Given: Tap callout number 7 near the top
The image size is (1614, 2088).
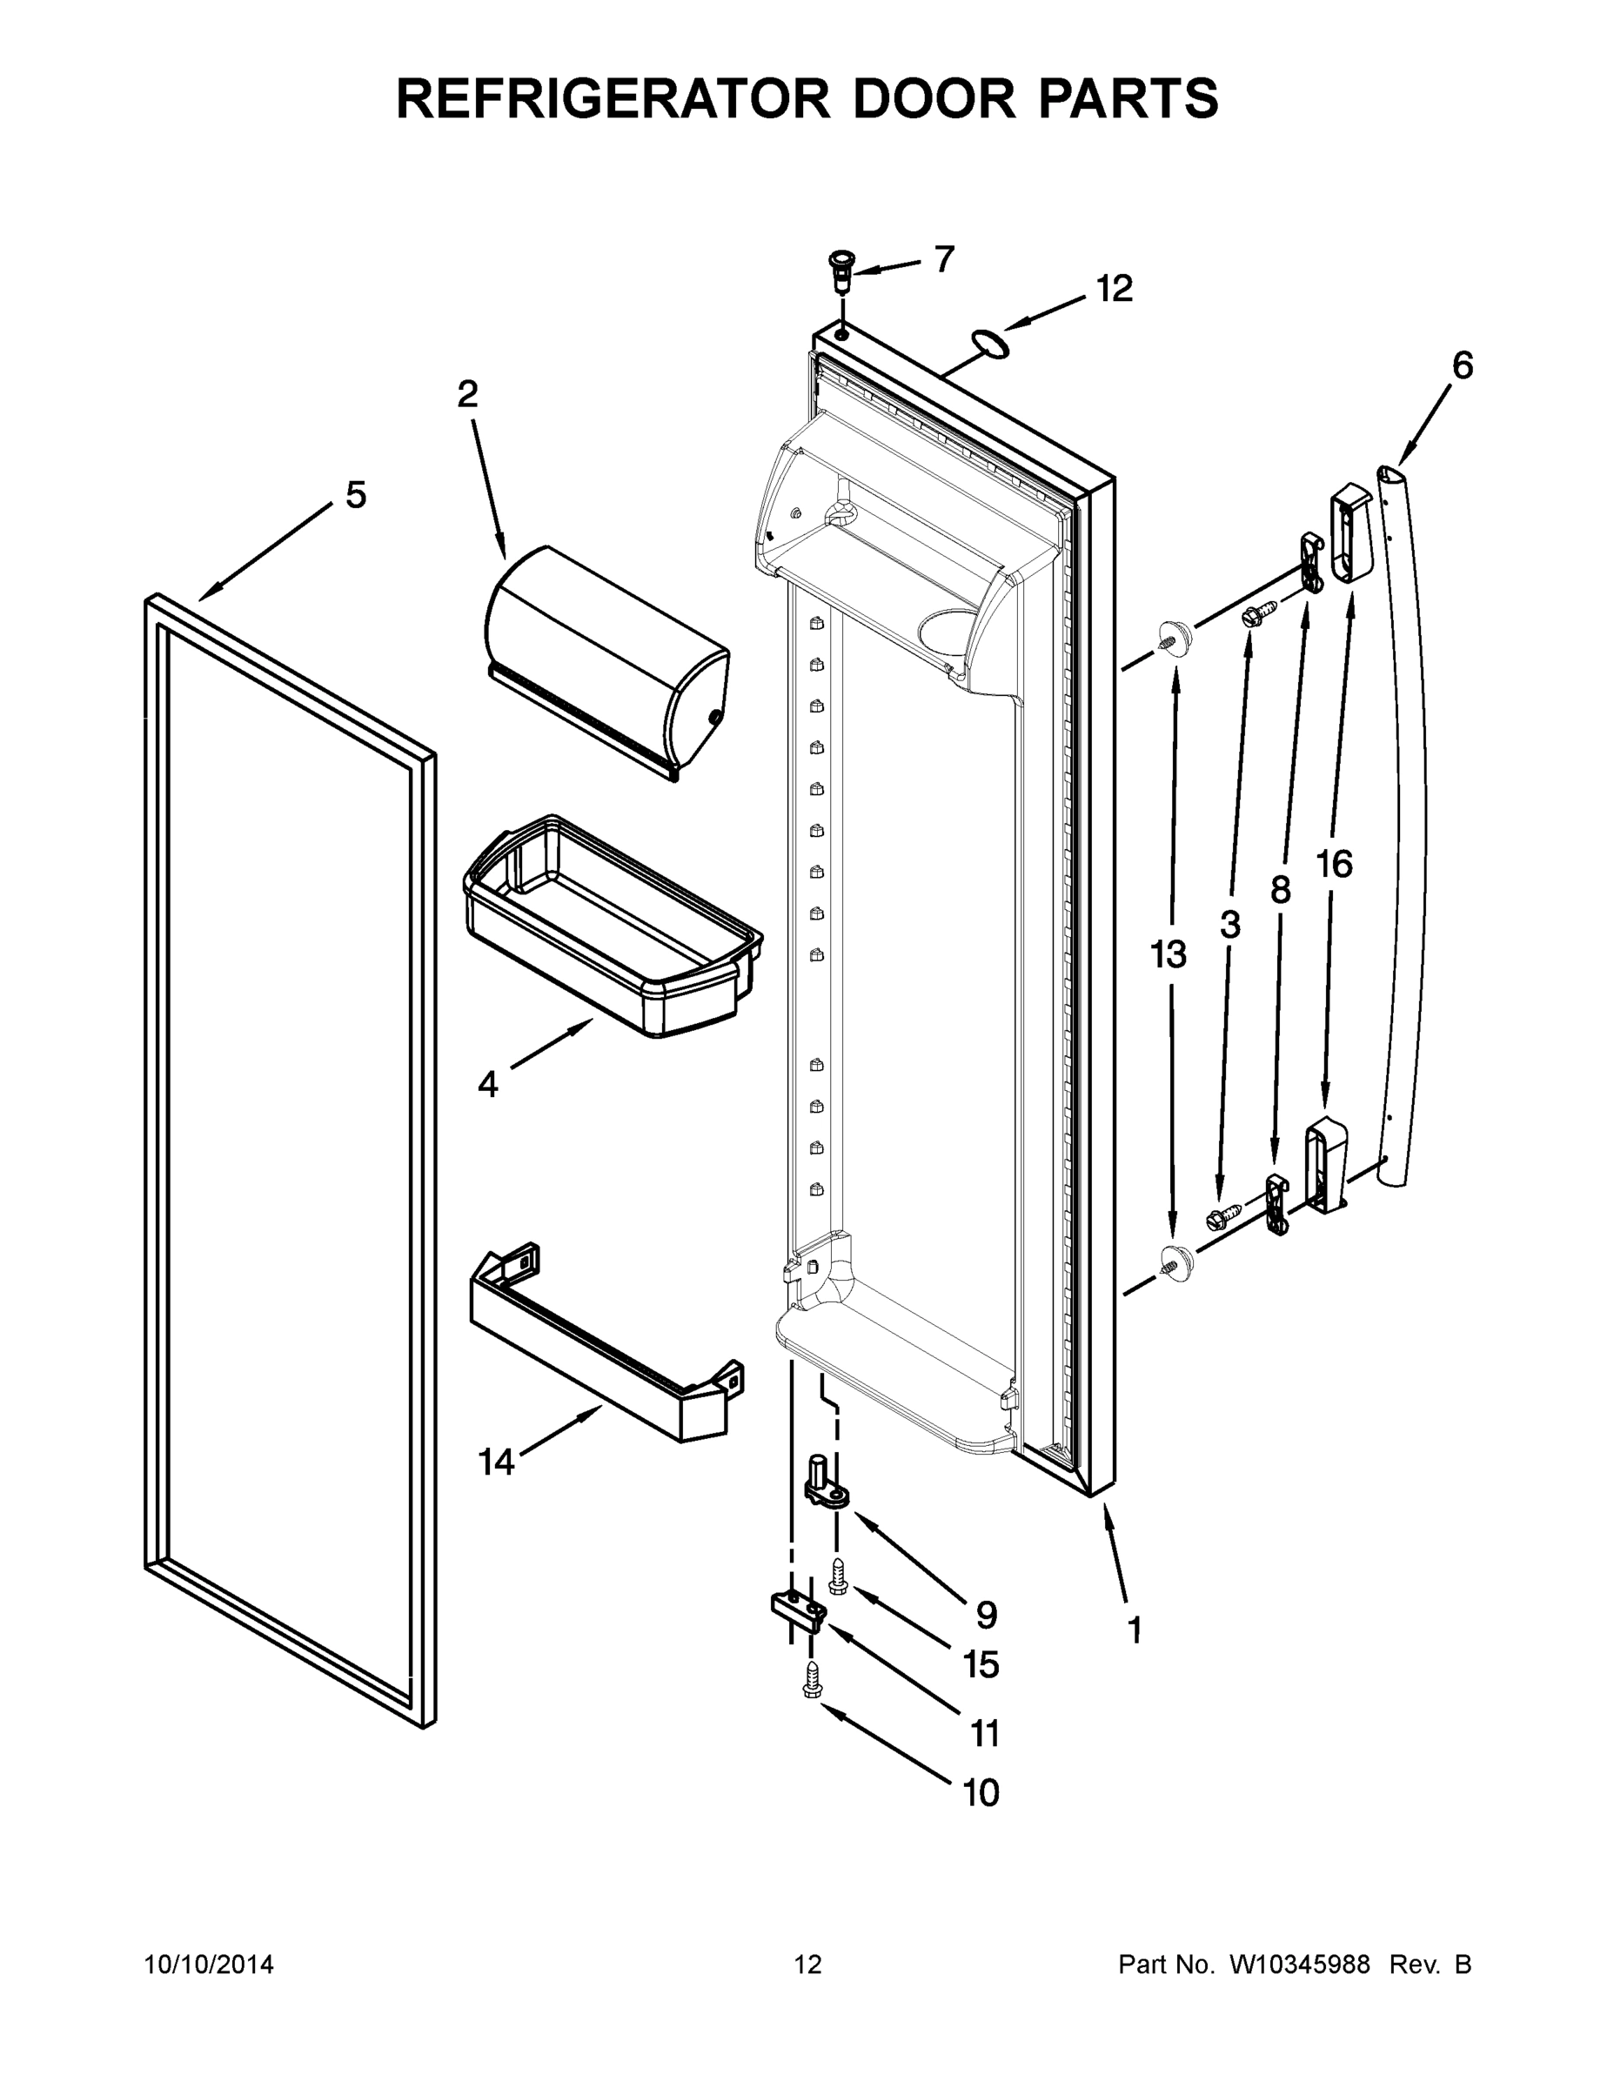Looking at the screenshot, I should (x=944, y=259).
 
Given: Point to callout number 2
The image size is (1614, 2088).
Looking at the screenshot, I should (x=466, y=393).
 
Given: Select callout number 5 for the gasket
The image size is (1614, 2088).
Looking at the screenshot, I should (x=355, y=495).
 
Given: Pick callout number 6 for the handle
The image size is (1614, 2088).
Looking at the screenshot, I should (x=1462, y=365).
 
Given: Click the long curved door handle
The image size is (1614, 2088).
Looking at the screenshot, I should (x=1405, y=822).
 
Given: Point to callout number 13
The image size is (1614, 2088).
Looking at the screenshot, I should (x=1168, y=954).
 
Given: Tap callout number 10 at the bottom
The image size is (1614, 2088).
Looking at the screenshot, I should (x=980, y=1794).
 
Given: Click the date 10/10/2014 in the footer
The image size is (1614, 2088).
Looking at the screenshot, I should (x=209, y=1964).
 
